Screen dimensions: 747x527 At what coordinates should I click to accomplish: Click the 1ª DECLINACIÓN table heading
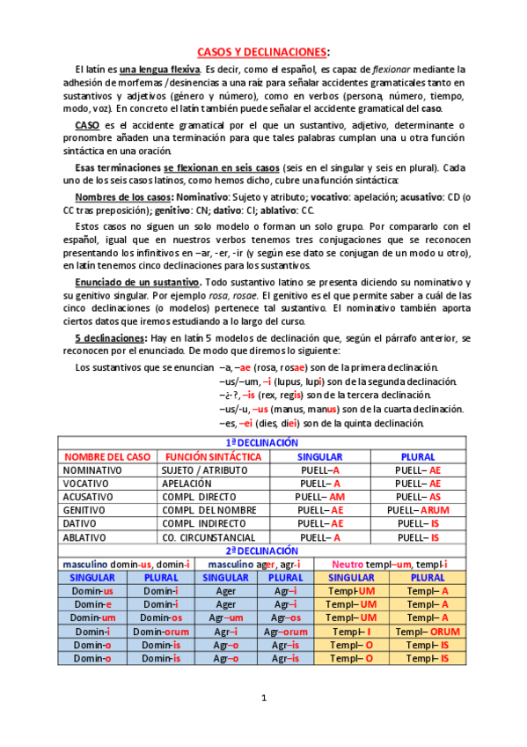pos(262,443)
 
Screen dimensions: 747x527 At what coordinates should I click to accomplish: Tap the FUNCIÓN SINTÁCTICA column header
pos(213,457)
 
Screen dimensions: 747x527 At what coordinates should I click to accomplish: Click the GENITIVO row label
pos(85,510)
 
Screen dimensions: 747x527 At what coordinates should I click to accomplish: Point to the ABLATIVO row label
pos(85,537)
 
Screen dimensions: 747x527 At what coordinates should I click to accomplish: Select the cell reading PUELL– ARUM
pos(418,510)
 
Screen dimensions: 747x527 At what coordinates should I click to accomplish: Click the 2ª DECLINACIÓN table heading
pos(262,551)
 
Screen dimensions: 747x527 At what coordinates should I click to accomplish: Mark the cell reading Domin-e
pos(92,604)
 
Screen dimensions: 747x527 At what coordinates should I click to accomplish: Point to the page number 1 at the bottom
pos(263,698)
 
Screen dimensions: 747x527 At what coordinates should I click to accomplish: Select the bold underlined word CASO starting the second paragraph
pos(87,126)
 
